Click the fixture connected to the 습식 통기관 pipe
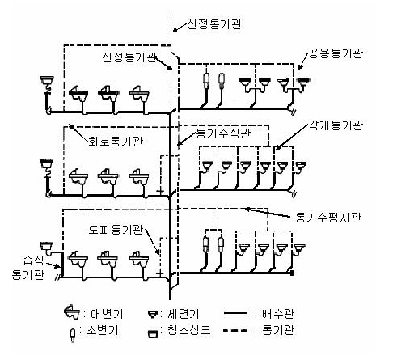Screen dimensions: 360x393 pos(48,249)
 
